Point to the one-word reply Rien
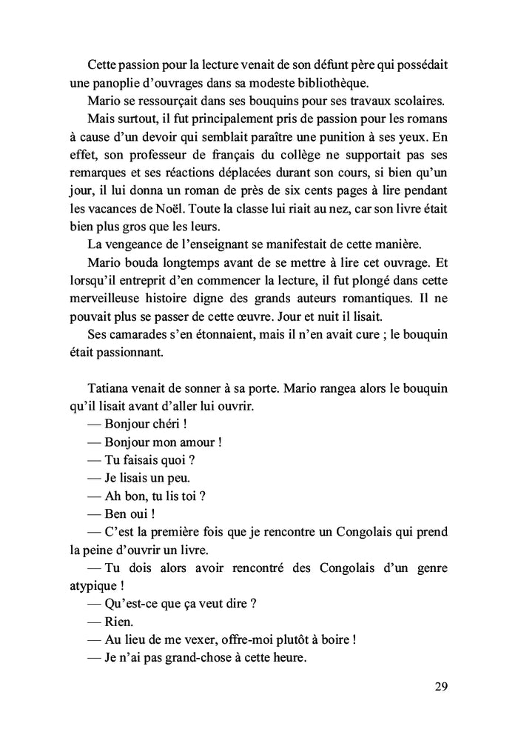120,620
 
